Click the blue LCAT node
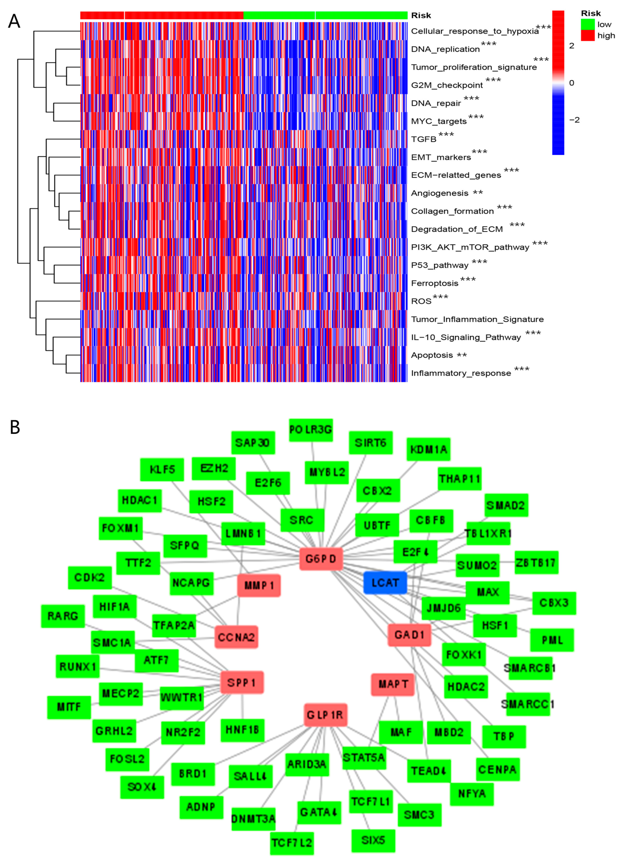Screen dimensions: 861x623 [x=385, y=583]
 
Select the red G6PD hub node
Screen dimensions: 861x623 [x=321, y=559]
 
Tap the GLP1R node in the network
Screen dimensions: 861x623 [x=325, y=715]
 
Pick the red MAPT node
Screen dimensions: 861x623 [x=393, y=685]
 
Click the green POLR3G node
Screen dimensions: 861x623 [x=311, y=430]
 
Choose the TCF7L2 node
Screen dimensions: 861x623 [x=292, y=843]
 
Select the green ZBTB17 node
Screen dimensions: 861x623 [x=536, y=562]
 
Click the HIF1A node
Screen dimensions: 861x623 [x=115, y=607]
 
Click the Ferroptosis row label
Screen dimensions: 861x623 [x=435, y=283]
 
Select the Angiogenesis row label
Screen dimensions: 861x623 [x=440, y=193]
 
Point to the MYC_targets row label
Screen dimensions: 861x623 [x=439, y=122]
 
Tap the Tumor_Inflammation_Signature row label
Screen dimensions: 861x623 [x=477, y=319]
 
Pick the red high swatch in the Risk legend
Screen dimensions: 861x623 [x=588, y=36]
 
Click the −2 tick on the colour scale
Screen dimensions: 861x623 [x=574, y=120]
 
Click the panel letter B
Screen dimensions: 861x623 [x=15, y=427]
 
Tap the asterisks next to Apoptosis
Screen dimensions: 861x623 [x=462, y=355]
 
